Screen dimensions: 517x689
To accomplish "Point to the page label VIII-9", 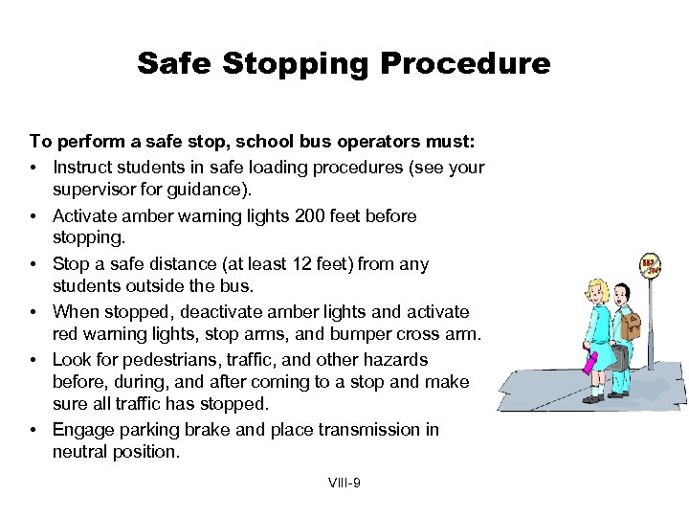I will coord(344,483).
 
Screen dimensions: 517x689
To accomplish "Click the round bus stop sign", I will coord(651,265).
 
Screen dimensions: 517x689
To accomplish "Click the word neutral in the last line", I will coord(82,452).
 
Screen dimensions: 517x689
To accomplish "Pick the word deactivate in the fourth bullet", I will coord(200,312).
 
